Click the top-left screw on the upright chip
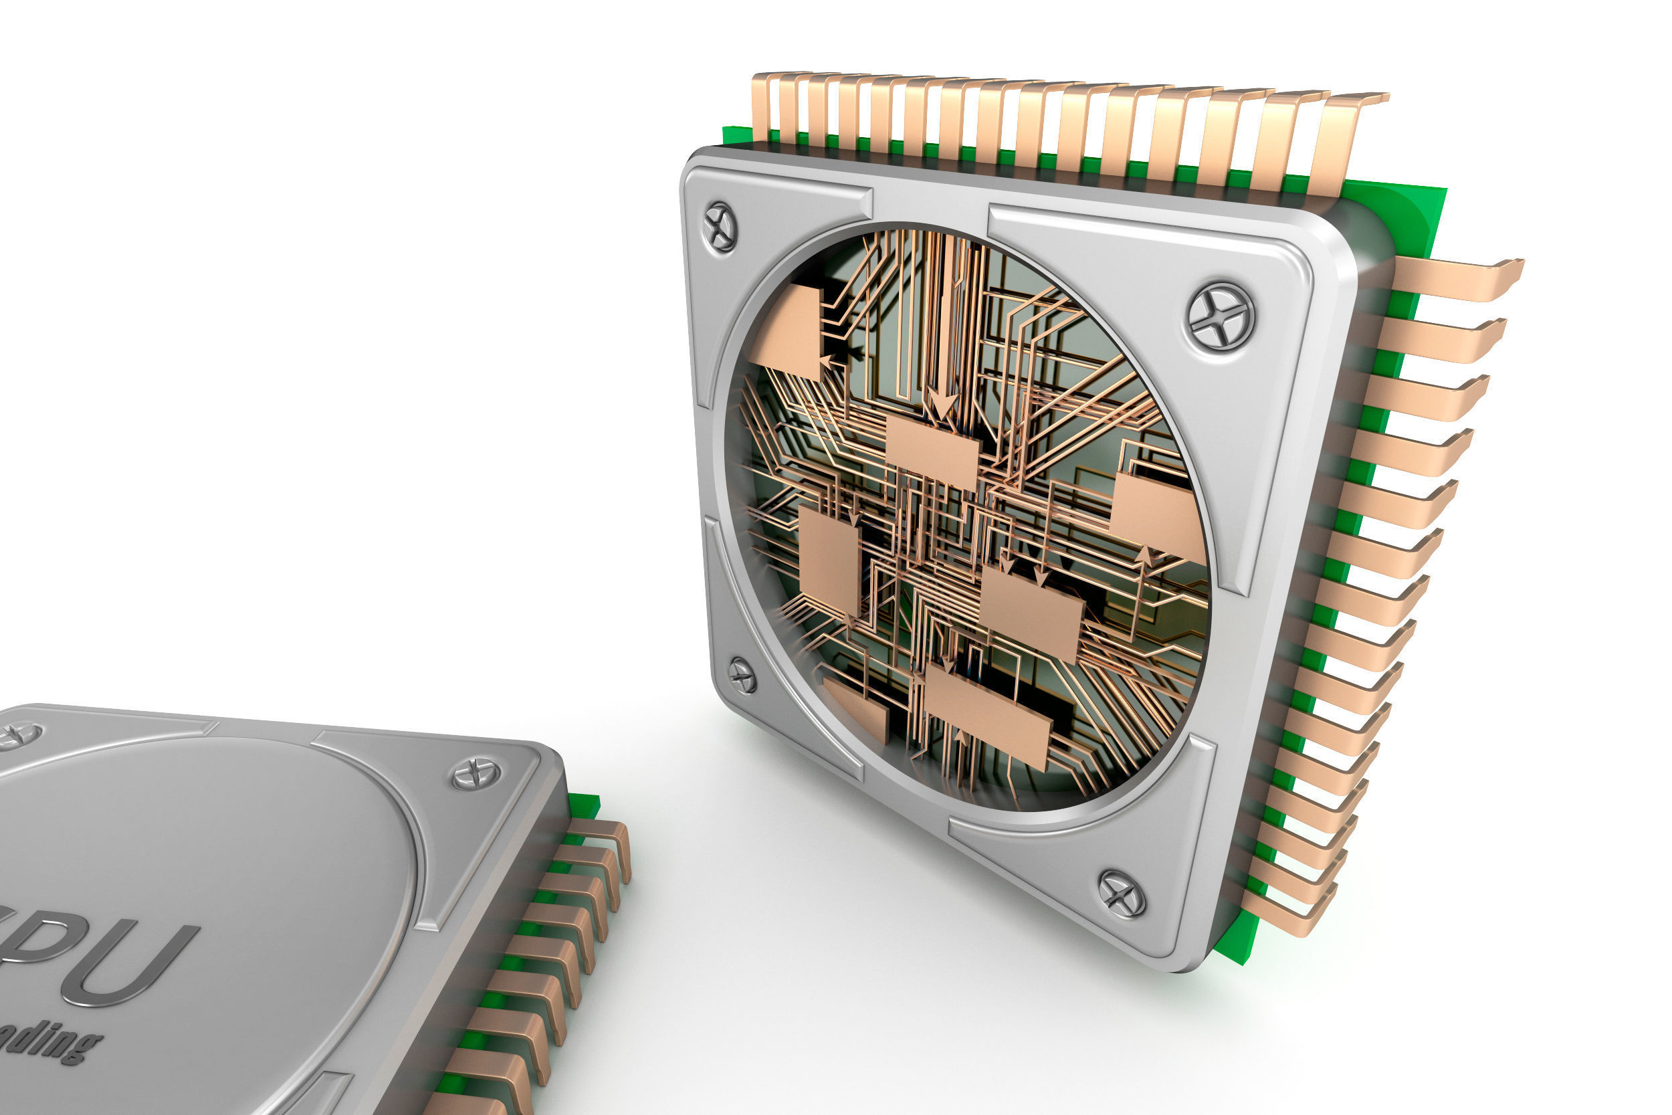(x=720, y=227)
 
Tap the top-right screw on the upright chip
(x=1220, y=317)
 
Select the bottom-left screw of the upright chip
(x=743, y=675)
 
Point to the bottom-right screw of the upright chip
(x=1121, y=893)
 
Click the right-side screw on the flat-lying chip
(x=476, y=774)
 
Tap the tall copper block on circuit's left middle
(x=829, y=561)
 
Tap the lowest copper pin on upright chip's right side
(x=1287, y=917)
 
